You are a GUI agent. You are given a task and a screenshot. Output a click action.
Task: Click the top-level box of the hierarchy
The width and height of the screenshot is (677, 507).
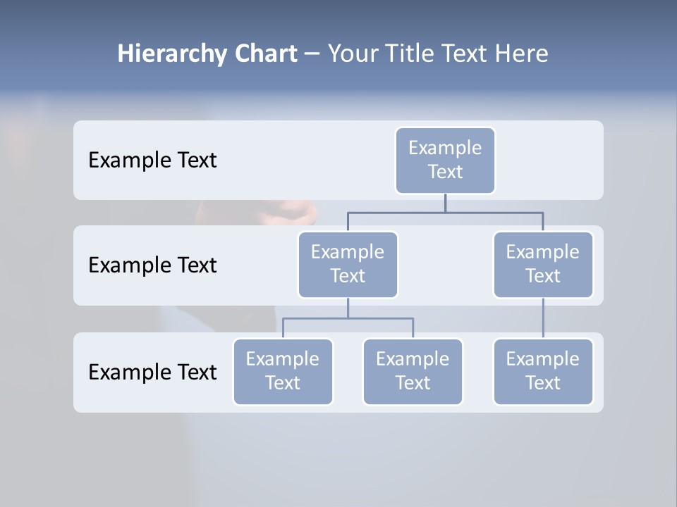coord(445,160)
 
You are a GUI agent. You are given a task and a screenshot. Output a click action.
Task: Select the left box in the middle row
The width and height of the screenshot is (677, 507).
coord(348,264)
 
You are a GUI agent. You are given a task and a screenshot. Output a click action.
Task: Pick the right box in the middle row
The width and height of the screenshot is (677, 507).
coord(543,264)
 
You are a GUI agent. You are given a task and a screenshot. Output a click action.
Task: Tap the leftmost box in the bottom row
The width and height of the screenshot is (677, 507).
coord(283,371)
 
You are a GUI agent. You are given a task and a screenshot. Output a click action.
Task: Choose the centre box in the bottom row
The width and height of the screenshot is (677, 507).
coord(413,371)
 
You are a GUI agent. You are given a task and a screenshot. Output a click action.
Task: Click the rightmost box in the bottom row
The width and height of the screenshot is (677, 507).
coord(543,371)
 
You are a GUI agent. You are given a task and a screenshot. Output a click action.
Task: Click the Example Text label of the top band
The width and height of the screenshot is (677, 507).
coord(152,161)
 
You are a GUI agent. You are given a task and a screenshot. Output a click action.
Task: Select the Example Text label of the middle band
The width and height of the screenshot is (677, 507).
coord(152,265)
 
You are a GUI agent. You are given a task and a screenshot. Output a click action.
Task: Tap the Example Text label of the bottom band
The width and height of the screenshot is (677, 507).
coord(152,372)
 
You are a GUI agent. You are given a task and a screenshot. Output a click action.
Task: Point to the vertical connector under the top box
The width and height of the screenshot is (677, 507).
coord(445,203)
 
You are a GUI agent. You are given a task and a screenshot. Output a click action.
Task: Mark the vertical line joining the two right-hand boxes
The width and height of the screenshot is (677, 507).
coord(543,318)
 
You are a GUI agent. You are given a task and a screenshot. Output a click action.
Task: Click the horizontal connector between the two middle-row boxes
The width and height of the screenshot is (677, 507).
coord(445,212)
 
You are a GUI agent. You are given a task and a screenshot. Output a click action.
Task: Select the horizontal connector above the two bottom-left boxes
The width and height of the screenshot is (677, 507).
coord(348,318)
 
